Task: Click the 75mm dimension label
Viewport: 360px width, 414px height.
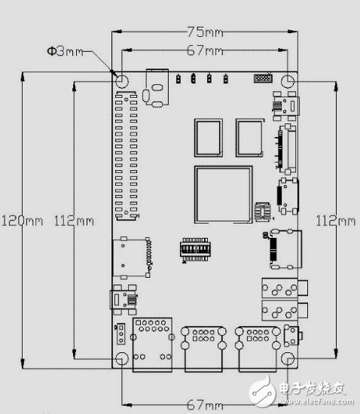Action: [205, 32]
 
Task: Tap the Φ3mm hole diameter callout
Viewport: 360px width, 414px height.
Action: [65, 51]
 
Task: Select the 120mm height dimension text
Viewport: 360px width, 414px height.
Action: [22, 221]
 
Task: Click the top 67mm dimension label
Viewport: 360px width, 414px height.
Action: [205, 50]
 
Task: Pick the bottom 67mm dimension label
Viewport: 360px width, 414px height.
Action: [205, 404]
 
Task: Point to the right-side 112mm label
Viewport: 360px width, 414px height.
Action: [335, 221]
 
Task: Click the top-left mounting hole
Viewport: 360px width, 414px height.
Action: [122, 81]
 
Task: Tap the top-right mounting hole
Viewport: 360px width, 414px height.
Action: [288, 81]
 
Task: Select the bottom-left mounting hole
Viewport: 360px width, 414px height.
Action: [122, 358]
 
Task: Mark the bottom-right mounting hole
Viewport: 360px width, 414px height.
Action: [288, 359]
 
